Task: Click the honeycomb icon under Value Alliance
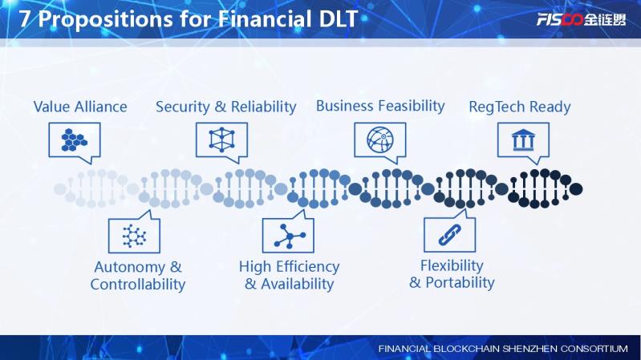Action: click(x=74, y=140)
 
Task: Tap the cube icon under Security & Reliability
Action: click(x=221, y=140)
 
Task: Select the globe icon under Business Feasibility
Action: click(x=380, y=140)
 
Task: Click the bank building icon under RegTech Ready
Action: click(x=523, y=140)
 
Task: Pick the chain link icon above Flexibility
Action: click(x=450, y=235)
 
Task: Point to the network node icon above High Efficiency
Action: click(x=290, y=236)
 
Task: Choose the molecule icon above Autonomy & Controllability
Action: click(x=134, y=236)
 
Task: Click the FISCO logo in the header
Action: click(x=581, y=19)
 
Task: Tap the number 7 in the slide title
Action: click(x=25, y=18)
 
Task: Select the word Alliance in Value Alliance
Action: click(x=101, y=107)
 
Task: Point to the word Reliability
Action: click(x=264, y=107)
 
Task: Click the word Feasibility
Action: click(x=412, y=106)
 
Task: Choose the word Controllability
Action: click(x=138, y=285)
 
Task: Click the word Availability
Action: click(x=297, y=284)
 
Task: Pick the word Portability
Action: click(x=460, y=282)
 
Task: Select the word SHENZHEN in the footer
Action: click(x=529, y=349)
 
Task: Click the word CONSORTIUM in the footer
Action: click(x=594, y=349)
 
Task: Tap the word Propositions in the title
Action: click(x=105, y=19)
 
